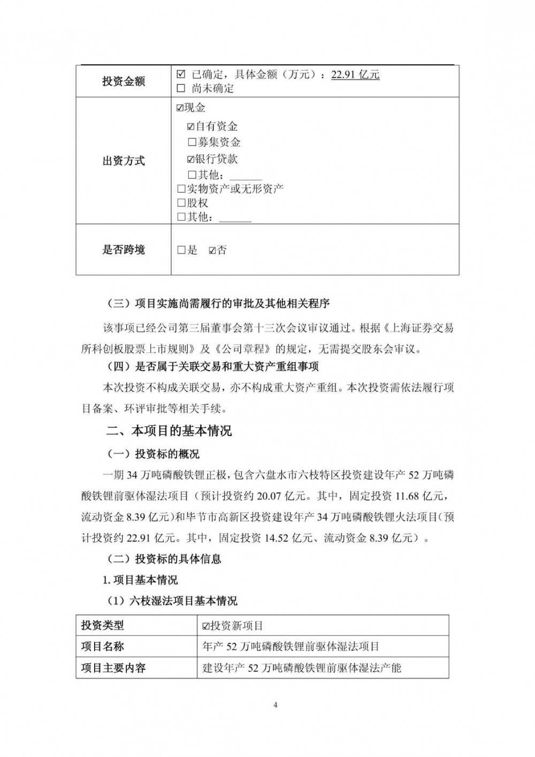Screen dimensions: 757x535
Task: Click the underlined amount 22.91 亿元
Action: [355, 75]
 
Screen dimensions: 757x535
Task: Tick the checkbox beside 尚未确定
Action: [181, 88]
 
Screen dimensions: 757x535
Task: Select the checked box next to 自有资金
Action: [191, 127]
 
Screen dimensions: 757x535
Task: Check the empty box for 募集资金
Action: [192, 142]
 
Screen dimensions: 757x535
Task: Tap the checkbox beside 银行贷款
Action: [191, 159]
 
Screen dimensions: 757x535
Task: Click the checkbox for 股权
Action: [181, 203]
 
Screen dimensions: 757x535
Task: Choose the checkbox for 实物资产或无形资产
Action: [181, 188]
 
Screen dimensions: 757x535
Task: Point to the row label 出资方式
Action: [124, 161]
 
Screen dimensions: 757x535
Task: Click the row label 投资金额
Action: [124, 82]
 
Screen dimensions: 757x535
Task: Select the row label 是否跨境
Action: [124, 250]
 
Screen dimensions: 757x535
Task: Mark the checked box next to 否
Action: [212, 250]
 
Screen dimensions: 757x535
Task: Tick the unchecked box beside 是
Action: [181, 250]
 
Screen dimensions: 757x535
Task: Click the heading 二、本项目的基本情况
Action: [169, 431]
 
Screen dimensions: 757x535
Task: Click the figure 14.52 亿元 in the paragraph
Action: [291, 538]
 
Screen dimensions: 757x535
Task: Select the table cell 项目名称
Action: [103, 647]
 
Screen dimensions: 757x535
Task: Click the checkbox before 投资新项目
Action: [206, 626]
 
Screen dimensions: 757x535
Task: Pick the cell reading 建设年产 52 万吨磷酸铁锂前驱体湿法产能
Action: [302, 668]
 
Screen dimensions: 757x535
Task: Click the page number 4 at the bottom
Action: [276, 705]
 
